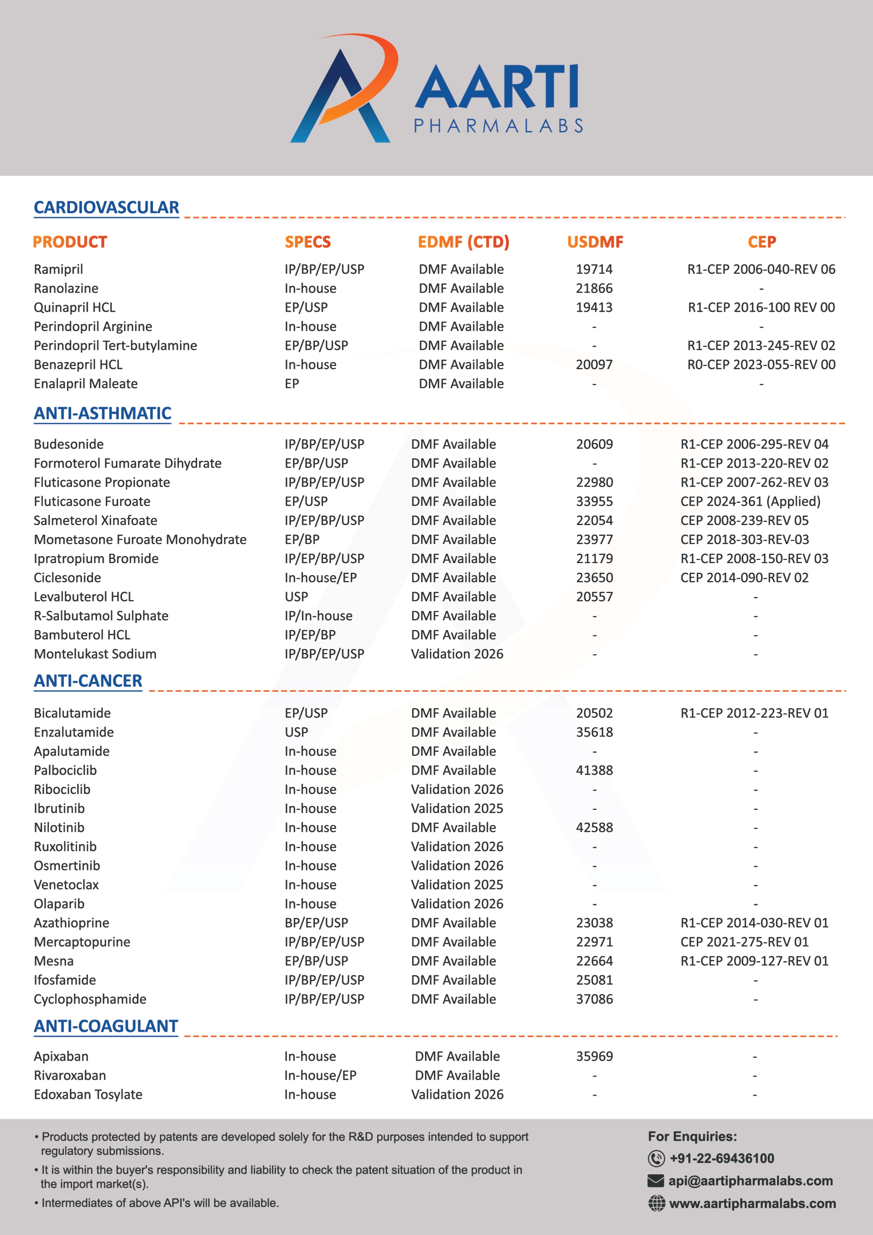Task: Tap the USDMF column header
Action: tap(595, 242)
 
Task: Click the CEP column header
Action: tap(762, 242)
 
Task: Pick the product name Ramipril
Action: tap(58, 270)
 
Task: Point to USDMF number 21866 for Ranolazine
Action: tap(594, 288)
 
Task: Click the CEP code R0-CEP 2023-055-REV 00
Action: tap(761, 365)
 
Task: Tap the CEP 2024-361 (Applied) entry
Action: tap(750, 501)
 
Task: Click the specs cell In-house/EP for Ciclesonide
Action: tap(321, 578)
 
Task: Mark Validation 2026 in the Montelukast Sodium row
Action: tap(457, 654)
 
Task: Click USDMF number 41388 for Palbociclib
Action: tap(594, 770)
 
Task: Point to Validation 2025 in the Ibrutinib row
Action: tap(457, 808)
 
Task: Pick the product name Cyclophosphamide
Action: tap(90, 1000)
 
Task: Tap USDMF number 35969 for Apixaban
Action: tap(594, 1057)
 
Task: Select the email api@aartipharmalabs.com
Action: tap(750, 1181)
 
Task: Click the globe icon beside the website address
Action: tap(656, 1203)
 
